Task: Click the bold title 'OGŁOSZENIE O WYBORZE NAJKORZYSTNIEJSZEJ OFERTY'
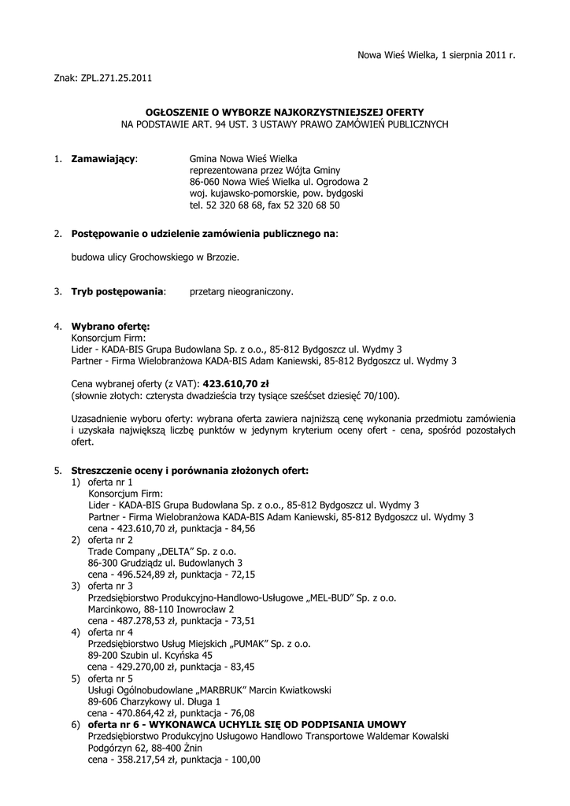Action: tap(285, 113)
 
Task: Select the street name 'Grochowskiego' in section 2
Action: tap(168, 257)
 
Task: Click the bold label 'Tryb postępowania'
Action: tap(118, 291)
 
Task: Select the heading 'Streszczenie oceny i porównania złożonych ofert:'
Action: tap(190, 471)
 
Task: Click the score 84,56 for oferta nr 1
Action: tap(240, 528)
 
